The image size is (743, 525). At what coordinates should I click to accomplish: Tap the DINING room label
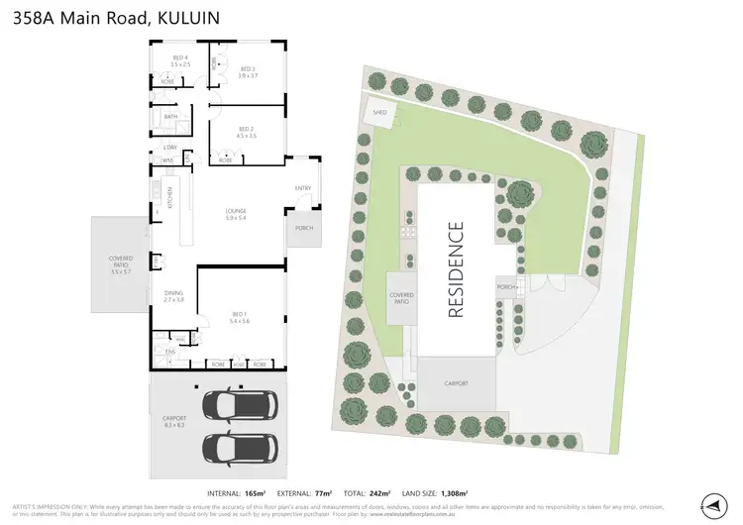pos(174,295)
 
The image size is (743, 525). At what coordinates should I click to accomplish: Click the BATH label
pos(171,117)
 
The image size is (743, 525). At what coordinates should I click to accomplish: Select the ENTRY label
pos(303,188)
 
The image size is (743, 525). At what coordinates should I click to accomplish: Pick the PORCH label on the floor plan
pos(303,228)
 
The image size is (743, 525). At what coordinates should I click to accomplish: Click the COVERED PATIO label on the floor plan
pos(121,262)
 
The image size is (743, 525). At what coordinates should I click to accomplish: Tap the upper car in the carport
pos(239,405)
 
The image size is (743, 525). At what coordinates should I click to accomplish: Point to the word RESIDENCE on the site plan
pos(456,269)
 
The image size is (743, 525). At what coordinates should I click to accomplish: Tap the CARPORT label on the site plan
pos(456,383)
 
